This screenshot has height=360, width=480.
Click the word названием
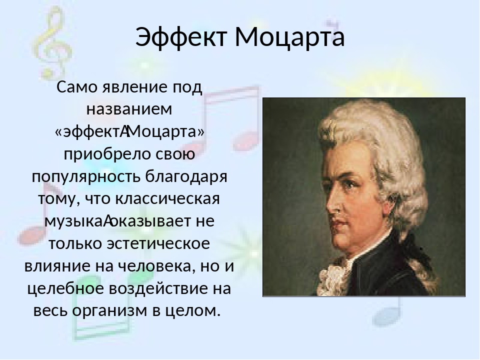[129, 109]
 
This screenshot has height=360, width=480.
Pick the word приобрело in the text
[107, 154]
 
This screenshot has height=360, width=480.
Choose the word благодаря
[186, 176]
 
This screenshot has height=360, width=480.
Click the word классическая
[168, 198]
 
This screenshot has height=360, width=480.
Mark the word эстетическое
[158, 243]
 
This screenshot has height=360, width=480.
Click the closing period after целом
[218, 315]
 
